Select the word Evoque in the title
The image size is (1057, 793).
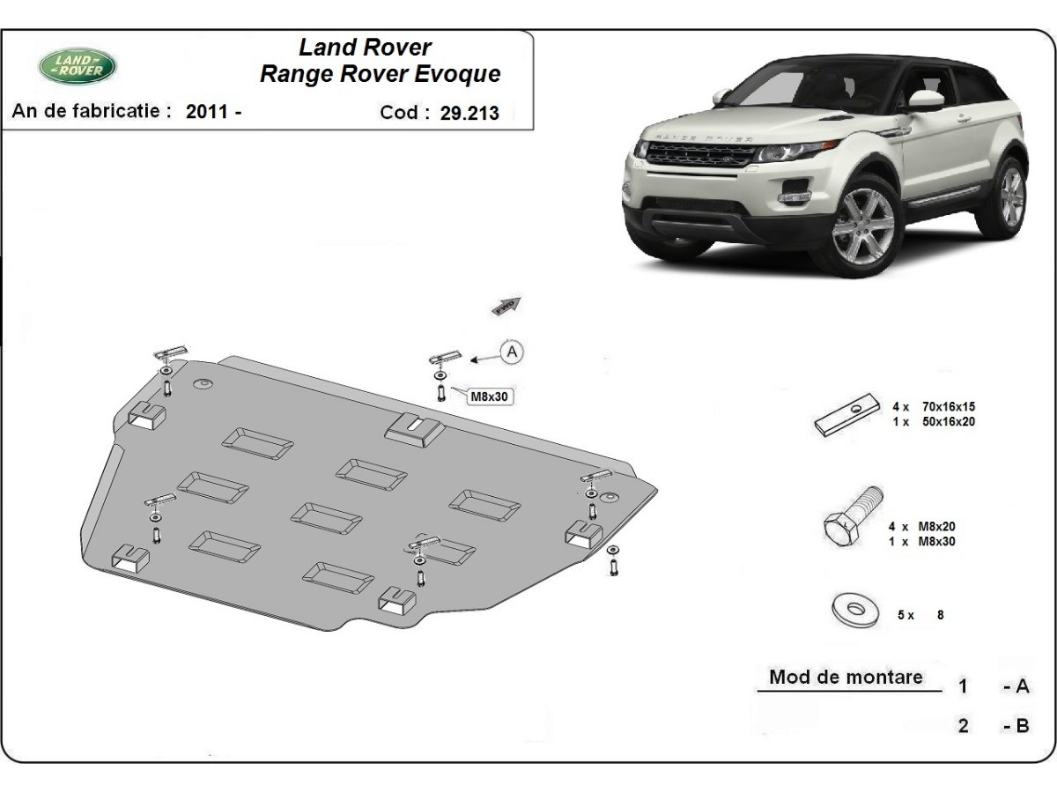pos(459,74)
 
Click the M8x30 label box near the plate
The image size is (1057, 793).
pos(490,396)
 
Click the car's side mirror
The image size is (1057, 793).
pos(925,100)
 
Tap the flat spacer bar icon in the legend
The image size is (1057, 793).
pos(846,413)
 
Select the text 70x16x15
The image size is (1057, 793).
pos(948,407)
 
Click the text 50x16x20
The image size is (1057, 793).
pos(948,421)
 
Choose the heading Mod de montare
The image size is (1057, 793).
pos(846,677)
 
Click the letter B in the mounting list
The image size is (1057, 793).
pos(1022,726)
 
